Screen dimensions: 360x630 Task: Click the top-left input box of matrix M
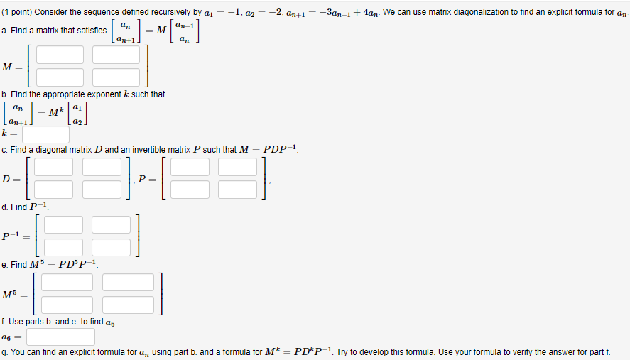60,55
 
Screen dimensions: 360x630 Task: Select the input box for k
45,133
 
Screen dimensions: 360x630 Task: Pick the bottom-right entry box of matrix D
102,190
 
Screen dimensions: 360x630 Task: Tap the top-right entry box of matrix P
237,167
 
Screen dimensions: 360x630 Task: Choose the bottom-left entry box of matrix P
190,190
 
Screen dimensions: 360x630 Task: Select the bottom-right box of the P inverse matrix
112,247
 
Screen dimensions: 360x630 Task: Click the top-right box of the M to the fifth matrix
128,282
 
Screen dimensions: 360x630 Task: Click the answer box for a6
61,337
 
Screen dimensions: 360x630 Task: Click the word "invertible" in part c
146,150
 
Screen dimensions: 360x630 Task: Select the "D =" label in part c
11,179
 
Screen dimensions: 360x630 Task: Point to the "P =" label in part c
147,179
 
